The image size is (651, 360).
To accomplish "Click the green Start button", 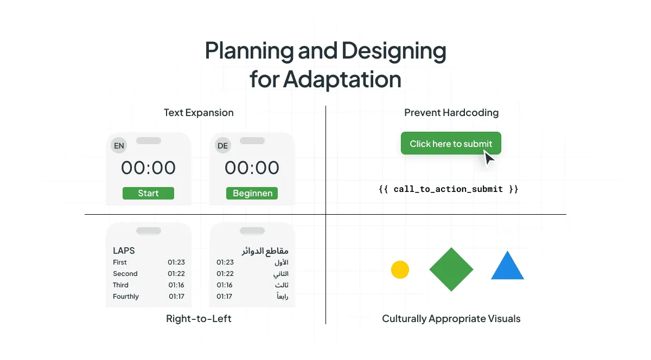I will click(148, 194).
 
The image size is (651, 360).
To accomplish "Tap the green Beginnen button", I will click(252, 194).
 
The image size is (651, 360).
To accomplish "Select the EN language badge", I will click(118, 146).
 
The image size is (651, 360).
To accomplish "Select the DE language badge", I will click(222, 146).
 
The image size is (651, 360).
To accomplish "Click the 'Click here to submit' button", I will click(451, 144).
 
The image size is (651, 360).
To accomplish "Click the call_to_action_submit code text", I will click(448, 189).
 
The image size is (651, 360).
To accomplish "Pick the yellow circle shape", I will click(400, 269).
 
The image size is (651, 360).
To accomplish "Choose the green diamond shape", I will click(451, 269).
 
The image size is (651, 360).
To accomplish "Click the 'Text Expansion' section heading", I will click(199, 113).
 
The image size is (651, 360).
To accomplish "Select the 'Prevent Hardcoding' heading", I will click(451, 113).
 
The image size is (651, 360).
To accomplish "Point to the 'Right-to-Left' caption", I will click(199, 319).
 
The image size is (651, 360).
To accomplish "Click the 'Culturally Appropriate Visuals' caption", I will click(451, 319).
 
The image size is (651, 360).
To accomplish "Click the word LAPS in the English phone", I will click(124, 250).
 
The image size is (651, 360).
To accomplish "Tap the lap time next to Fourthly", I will click(176, 297).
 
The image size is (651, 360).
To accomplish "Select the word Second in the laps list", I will click(125, 274).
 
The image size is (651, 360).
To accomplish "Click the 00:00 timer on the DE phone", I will click(252, 168).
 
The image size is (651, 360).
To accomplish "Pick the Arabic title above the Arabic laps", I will click(265, 250).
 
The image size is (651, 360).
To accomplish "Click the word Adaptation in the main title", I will click(342, 80).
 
